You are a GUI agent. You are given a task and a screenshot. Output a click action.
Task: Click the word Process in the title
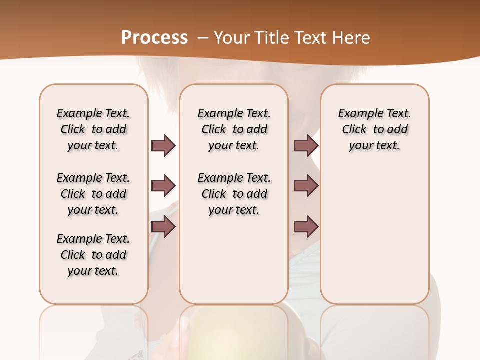154,38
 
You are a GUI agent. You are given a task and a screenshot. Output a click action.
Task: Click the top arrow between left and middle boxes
163,145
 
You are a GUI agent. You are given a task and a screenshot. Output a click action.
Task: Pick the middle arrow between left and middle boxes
163,186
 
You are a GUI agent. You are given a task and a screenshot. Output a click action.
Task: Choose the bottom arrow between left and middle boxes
163,227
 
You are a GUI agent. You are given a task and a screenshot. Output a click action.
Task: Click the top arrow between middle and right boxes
306,145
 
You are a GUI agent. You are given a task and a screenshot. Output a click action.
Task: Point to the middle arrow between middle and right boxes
306,186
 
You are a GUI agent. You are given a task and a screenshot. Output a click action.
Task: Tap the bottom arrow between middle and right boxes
306,227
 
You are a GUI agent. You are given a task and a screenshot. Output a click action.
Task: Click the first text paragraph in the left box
93,129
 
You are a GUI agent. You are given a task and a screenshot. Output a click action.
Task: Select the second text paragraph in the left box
93,194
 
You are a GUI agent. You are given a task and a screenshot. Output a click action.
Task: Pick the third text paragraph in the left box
93,255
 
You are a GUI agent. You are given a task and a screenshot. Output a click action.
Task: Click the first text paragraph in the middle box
234,129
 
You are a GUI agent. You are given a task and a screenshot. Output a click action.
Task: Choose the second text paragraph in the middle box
234,194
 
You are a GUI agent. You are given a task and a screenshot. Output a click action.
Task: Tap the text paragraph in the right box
374,129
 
